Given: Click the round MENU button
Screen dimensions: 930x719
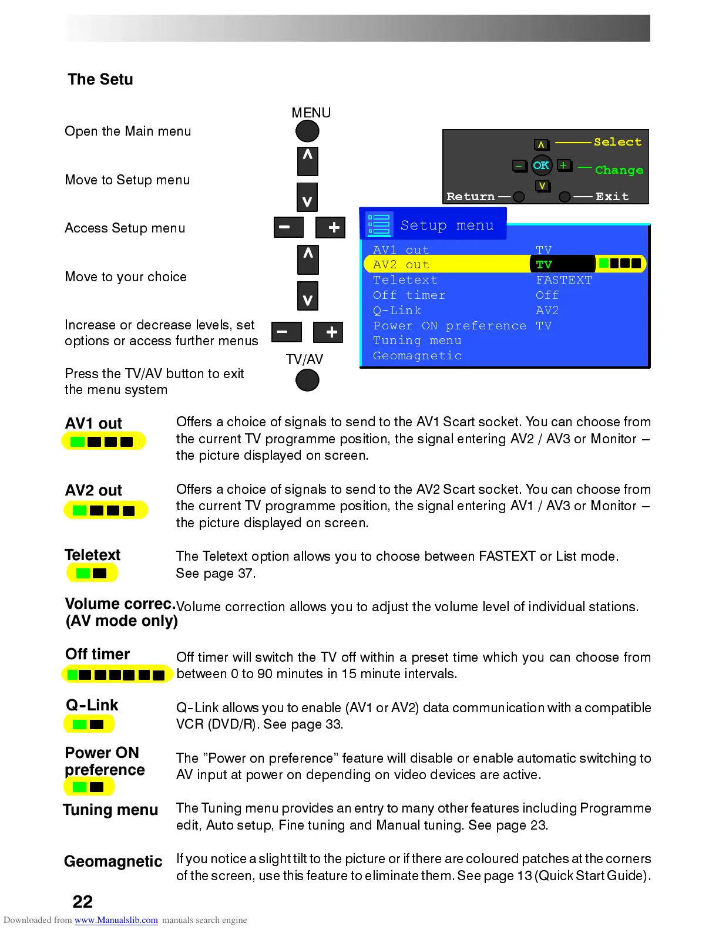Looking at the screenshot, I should pos(307,132).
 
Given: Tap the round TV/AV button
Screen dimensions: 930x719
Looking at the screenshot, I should pos(307,380).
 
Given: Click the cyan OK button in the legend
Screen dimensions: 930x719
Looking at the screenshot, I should pos(541,166).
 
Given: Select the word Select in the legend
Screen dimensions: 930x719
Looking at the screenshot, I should pos(617,142).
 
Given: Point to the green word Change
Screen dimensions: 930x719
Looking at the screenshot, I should pos(619,170).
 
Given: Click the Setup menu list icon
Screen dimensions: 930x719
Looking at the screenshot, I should pos(379,224).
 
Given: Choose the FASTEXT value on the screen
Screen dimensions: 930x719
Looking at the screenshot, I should pos(563,280).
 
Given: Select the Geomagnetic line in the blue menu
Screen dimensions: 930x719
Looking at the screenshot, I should pos(417,356).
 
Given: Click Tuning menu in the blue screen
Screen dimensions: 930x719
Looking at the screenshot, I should pos(417,341).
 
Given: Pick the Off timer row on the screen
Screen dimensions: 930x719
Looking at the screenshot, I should pos(409,295).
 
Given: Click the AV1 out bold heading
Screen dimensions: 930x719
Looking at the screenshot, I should pos(93,423).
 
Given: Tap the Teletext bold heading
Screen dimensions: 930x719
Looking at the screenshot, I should pos(92,555).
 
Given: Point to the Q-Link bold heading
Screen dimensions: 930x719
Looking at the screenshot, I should pos(92,705).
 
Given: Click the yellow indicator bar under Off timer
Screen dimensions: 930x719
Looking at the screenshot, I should pos(117,675).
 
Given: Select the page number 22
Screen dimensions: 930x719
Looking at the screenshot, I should pos(83,902).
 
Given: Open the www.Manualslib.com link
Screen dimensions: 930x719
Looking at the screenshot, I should pos(116,920).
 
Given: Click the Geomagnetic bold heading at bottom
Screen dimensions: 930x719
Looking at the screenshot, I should pos(113,861).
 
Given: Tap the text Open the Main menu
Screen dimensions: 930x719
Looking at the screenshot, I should pos(128,132).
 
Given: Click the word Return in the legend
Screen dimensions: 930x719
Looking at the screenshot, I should pos(471,197).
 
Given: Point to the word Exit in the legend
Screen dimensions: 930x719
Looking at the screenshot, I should pos(612,197).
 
